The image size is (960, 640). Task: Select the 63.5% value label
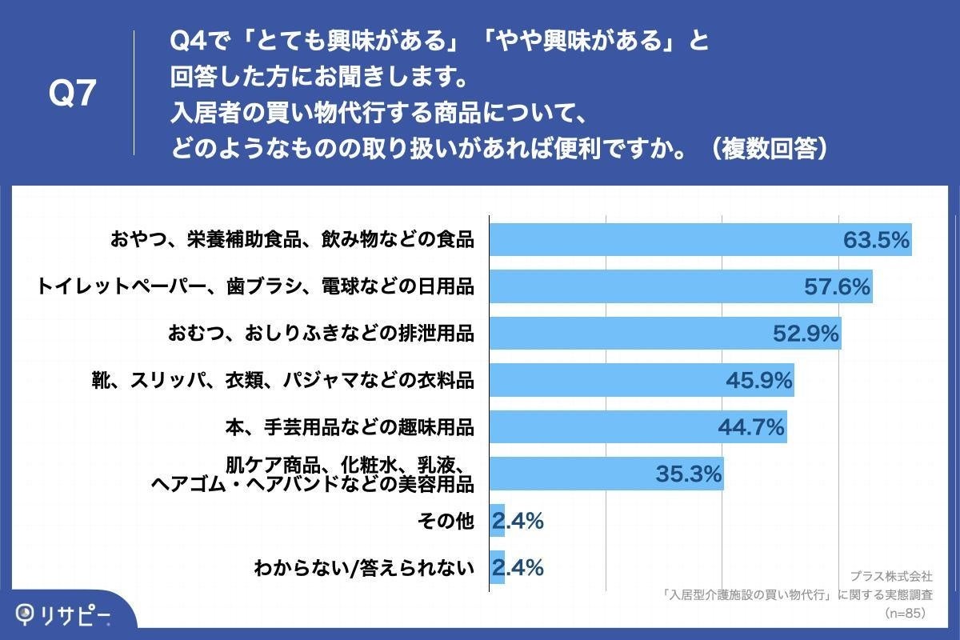[877, 239]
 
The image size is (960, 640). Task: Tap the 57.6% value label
[837, 286]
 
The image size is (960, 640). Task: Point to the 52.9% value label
[806, 334]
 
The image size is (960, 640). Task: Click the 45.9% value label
[758, 381]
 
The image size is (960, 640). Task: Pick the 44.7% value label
[750, 428]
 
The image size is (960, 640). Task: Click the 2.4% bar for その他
[497, 522]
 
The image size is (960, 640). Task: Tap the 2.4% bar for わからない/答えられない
[497, 568]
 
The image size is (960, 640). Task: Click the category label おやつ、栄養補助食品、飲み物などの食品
[293, 239]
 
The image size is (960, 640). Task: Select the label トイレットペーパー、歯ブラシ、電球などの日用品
[255, 286]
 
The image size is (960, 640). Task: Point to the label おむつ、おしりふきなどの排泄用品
[321, 334]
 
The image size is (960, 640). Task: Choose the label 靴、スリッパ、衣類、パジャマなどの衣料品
[283, 381]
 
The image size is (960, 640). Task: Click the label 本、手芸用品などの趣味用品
[349, 428]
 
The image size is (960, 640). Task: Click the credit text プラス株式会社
[891, 576]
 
